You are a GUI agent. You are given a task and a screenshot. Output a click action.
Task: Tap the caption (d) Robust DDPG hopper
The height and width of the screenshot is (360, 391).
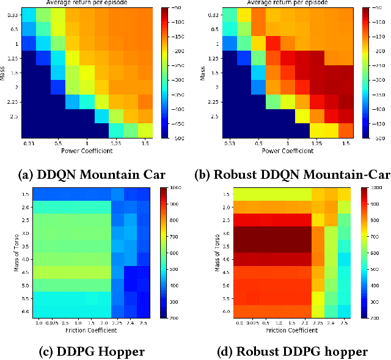(293, 351)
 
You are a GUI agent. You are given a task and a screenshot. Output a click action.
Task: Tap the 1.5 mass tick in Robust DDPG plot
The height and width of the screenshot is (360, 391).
(227, 194)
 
